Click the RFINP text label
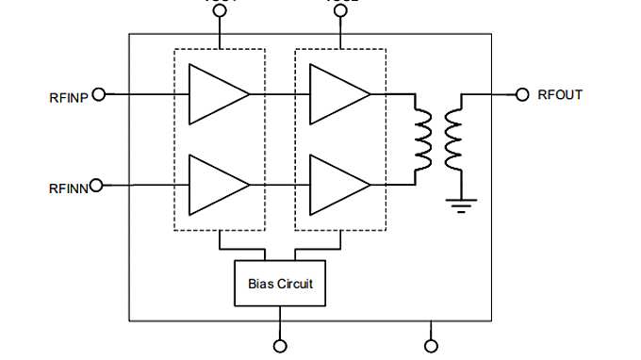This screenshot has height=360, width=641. [x=68, y=96]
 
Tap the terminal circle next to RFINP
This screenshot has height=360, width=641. [x=99, y=94]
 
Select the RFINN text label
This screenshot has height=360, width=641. [x=68, y=188]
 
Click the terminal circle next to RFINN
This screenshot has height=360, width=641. [x=99, y=186]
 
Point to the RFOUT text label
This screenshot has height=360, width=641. [x=560, y=94]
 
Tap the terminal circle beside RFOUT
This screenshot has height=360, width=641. [x=523, y=94]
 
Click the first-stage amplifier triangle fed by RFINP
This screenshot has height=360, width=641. [x=215, y=94]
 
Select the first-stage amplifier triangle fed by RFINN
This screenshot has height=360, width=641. [x=215, y=186]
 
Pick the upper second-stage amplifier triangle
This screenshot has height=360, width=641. [x=337, y=94]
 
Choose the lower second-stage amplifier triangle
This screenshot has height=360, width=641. [x=337, y=186]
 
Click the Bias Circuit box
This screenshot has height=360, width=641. [x=279, y=283]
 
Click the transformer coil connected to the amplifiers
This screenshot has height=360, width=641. [x=421, y=139]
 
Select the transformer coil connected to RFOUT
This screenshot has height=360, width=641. [x=453, y=139]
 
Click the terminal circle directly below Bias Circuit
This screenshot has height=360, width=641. [x=279, y=346]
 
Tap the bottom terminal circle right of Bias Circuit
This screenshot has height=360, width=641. [x=432, y=346]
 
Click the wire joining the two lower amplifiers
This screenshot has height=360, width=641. [x=280, y=186]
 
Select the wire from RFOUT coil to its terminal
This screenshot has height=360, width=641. [x=490, y=94]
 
